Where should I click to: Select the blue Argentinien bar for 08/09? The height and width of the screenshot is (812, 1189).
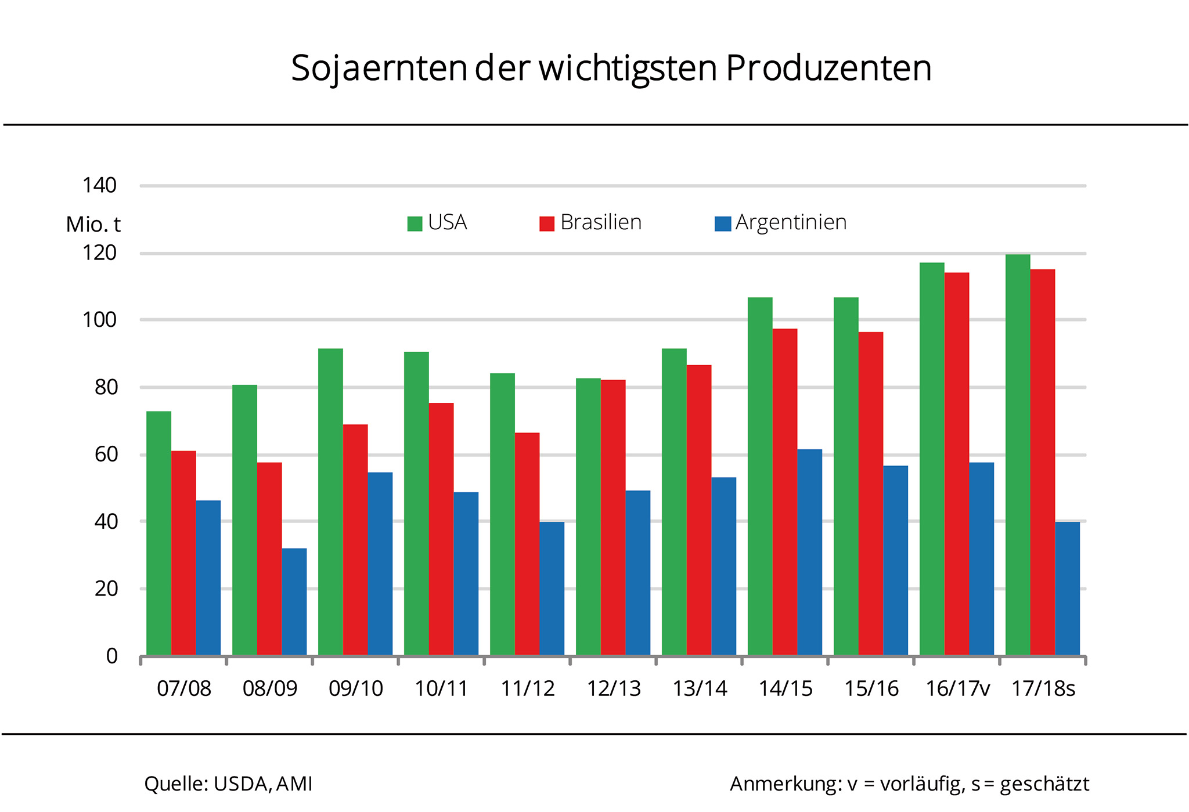click(294, 601)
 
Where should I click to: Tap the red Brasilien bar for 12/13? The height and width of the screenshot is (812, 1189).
click(613, 517)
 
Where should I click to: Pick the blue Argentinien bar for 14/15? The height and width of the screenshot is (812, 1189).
click(809, 552)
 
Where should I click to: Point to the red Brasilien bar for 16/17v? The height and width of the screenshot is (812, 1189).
click(957, 464)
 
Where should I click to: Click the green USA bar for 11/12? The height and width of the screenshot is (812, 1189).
click(502, 514)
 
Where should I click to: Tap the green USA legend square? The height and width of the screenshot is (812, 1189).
click(415, 223)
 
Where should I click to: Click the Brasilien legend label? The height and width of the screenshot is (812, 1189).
click(601, 222)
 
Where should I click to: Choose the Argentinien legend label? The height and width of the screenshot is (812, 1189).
click(791, 222)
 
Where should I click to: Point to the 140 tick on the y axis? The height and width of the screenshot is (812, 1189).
click(99, 186)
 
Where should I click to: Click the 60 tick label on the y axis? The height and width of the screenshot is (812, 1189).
click(106, 454)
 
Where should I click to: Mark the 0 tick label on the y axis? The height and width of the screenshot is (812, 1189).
click(112, 656)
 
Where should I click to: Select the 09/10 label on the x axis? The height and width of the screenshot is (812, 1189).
click(355, 689)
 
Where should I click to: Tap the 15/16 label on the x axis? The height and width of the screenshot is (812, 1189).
click(871, 689)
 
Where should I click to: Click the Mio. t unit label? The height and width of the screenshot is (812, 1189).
click(93, 224)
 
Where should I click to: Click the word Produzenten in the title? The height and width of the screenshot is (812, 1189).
click(828, 68)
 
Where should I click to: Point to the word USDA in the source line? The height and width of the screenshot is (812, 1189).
click(241, 784)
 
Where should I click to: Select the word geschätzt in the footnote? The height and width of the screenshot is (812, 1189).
click(1044, 784)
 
